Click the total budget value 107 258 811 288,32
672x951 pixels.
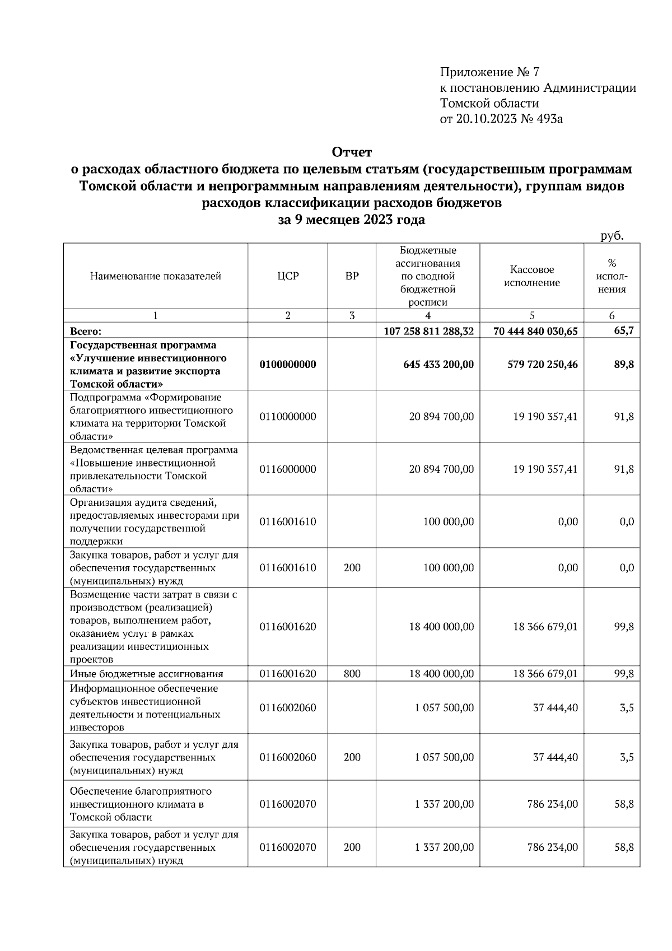(428, 331)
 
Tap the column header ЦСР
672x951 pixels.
(288, 276)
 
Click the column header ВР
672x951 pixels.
(352, 276)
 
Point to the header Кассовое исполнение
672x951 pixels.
(531, 276)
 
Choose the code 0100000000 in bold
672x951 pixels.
(288, 365)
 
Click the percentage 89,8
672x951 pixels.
(624, 365)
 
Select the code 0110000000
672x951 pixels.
(288, 417)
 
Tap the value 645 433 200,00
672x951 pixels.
(438, 365)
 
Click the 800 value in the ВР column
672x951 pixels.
(352, 674)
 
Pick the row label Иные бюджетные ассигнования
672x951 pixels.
(147, 674)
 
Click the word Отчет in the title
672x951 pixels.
(352, 152)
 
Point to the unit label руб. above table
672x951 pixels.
(612, 236)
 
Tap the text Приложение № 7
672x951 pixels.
(489, 72)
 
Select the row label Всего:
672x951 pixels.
(86, 332)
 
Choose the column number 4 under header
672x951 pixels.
(428, 316)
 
